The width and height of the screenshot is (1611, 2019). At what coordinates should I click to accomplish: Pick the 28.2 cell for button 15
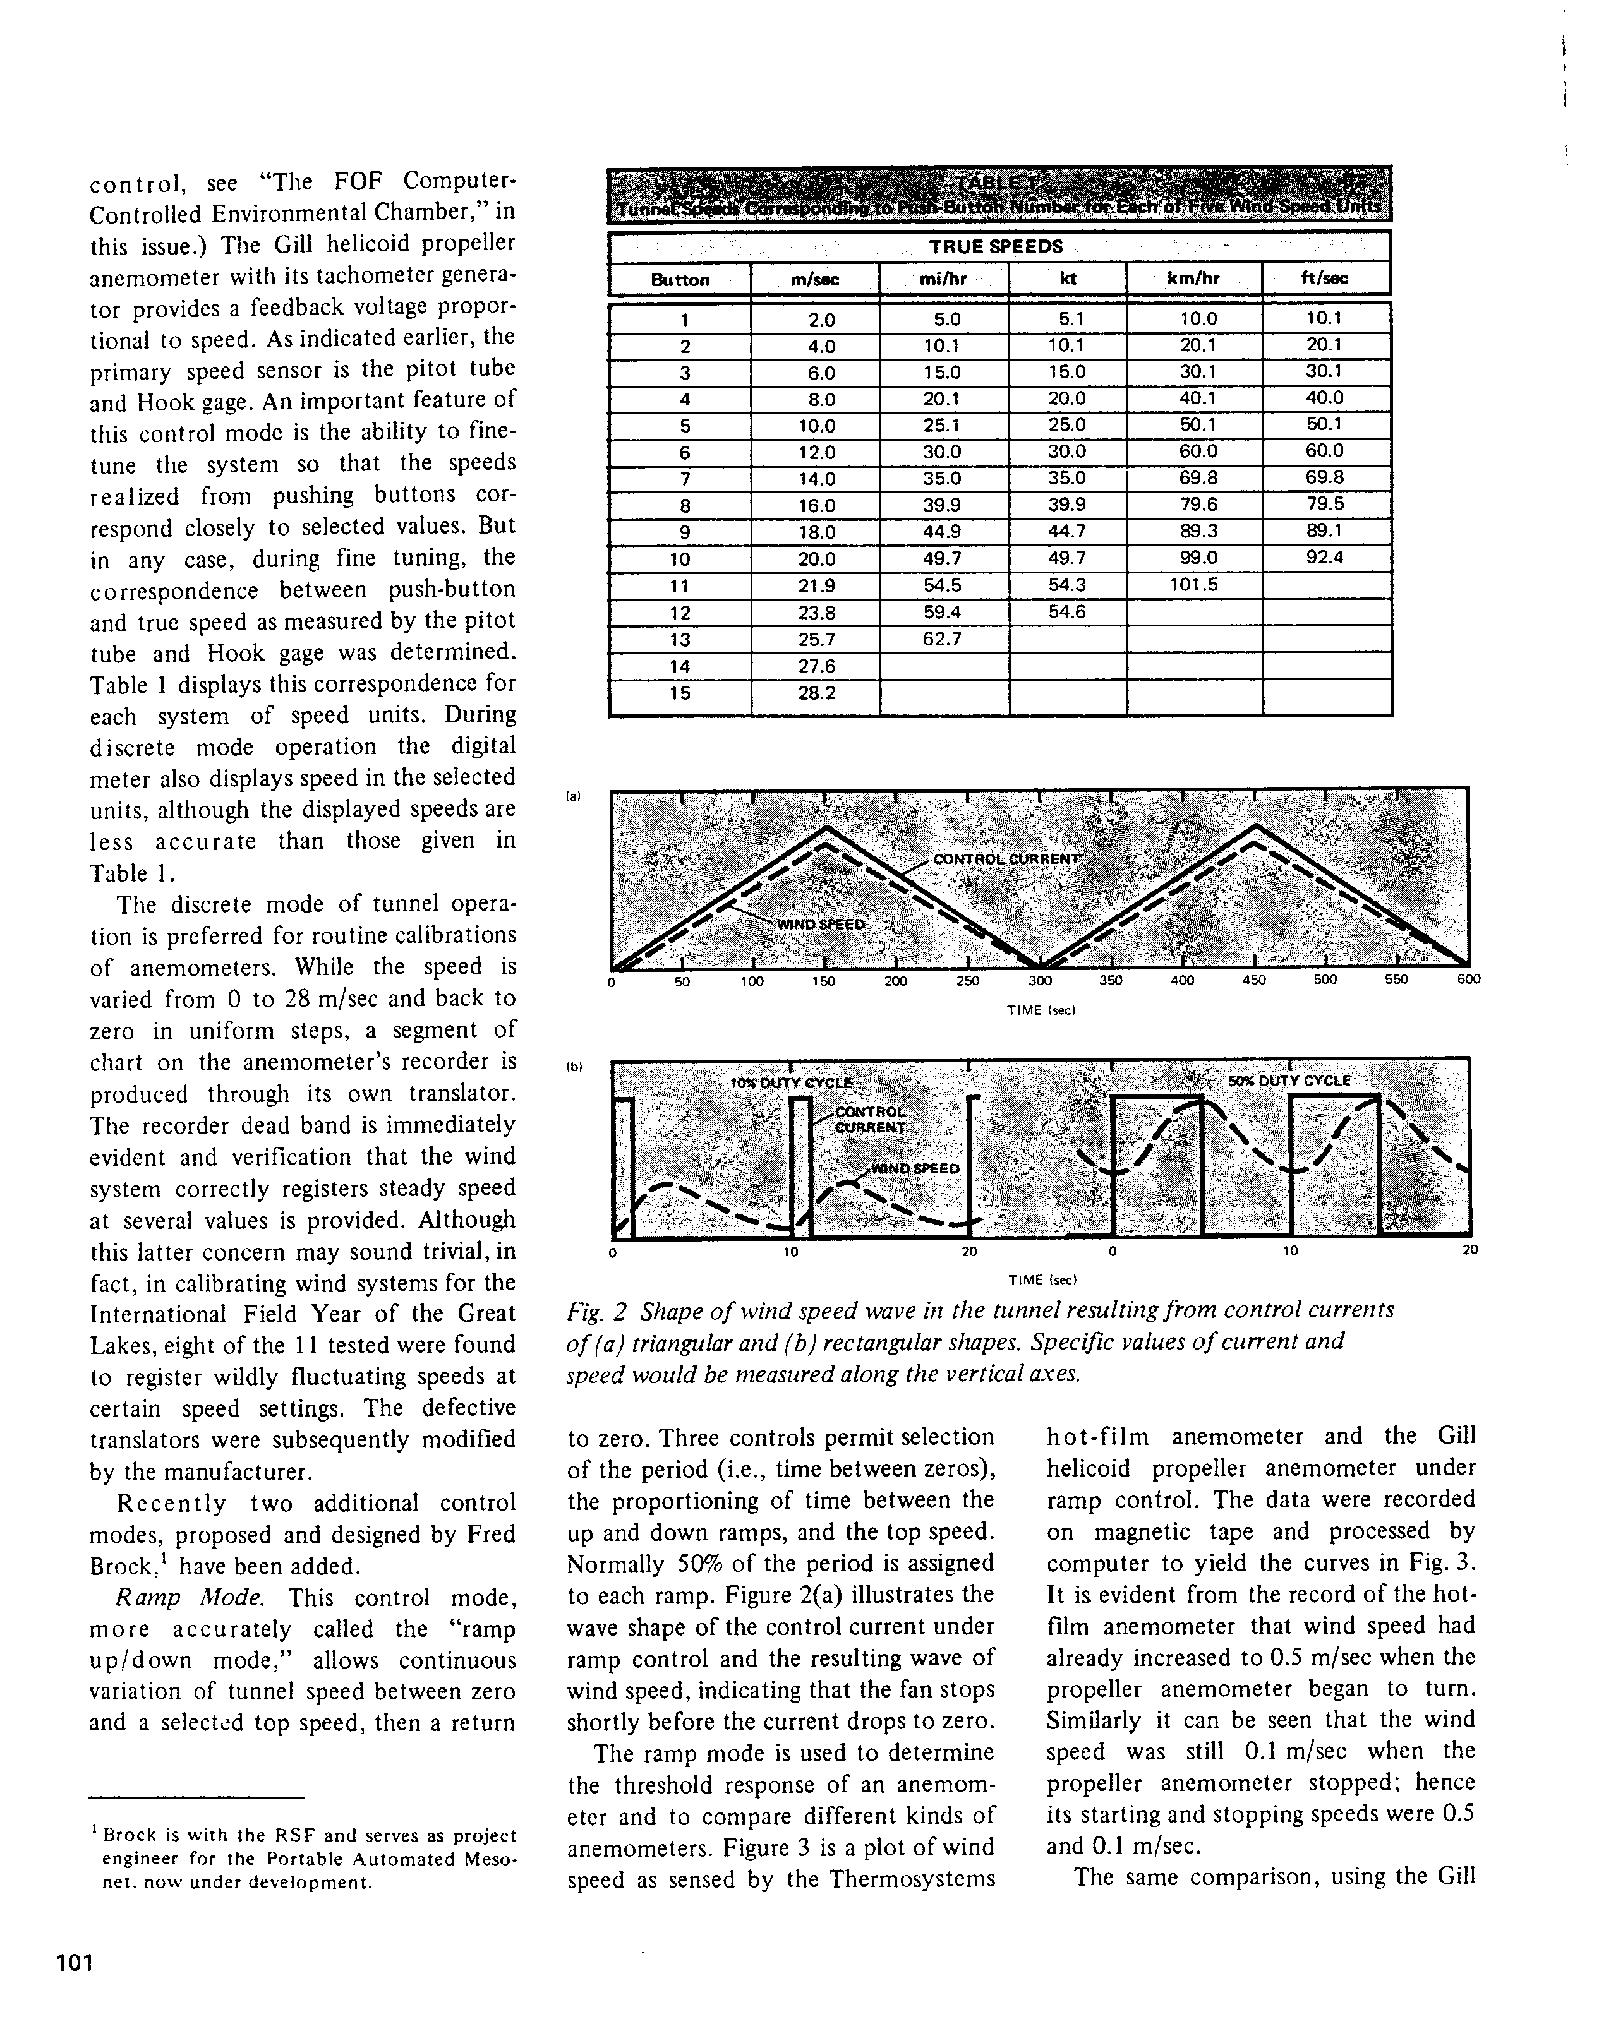[815, 693]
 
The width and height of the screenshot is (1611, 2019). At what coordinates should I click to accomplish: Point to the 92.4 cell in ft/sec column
[1324, 558]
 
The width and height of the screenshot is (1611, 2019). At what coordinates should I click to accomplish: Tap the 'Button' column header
[680, 280]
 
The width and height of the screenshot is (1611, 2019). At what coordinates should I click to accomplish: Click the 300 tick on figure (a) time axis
[1040, 981]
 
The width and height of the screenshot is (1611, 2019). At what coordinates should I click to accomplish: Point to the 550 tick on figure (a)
[1396, 981]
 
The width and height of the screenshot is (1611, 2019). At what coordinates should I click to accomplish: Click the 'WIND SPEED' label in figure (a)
[821, 925]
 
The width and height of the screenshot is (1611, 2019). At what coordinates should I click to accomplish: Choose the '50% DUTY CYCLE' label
[1289, 1081]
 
